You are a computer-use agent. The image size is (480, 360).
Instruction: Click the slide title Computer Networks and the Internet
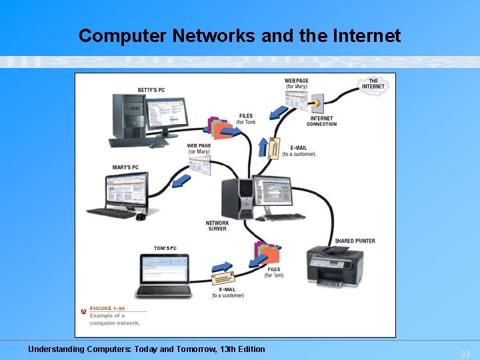pos(239,35)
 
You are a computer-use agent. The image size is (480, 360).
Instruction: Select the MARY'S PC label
pos(125,167)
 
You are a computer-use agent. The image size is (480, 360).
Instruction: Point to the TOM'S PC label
pos(165,248)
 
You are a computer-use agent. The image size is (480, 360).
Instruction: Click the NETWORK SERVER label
pos(217,226)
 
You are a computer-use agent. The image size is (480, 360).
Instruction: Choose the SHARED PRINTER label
pos(355,241)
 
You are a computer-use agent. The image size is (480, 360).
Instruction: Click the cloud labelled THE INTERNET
pos(373,84)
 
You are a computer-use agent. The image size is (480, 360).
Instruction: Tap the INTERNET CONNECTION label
pos(321,121)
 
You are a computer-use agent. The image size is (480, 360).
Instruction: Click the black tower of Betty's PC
pos(127,116)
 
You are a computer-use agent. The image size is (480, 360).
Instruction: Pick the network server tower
pos(238,198)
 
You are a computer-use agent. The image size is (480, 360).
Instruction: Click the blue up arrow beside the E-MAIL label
pos(263,147)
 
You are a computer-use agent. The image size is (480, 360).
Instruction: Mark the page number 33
pos(465,354)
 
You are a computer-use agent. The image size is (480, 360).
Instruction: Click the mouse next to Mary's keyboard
pos(141,217)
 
